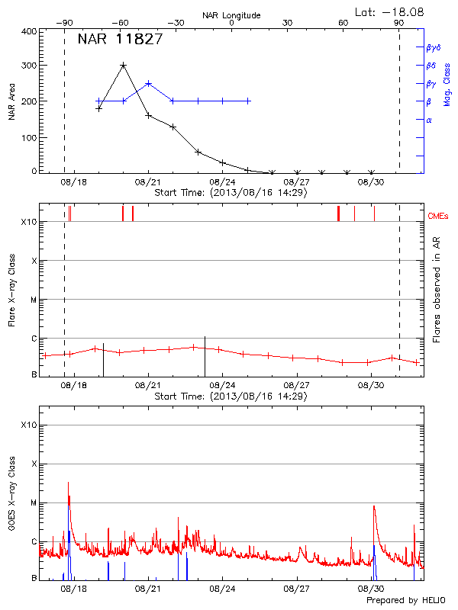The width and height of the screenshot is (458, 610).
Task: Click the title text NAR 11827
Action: pos(120,40)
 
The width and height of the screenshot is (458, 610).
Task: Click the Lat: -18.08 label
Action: pos(391,11)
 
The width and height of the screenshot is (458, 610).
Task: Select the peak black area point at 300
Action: pos(124,66)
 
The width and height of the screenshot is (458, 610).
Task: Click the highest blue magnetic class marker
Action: pos(148,83)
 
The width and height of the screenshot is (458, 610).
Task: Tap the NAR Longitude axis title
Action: pos(231,14)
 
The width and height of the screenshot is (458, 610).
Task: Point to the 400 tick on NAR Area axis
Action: pos(28,31)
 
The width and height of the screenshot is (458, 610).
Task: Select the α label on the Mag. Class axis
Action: pos(428,120)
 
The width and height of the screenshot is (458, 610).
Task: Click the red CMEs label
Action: pos(438,217)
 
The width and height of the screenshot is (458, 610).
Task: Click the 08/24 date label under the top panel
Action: pos(222,183)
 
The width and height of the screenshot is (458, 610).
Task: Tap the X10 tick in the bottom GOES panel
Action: pos(28,424)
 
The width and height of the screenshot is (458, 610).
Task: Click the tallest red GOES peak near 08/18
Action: pos(69,483)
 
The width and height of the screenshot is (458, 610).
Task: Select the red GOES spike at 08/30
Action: pos(373,506)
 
